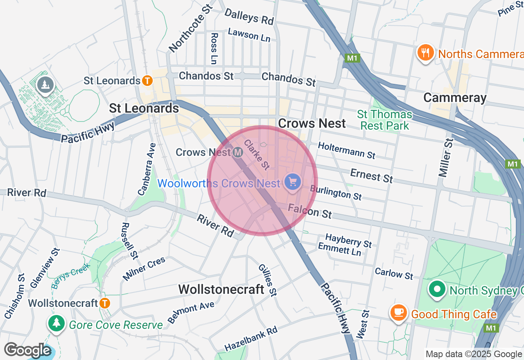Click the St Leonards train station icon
pos(147,81)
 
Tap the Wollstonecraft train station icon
pos(105,303)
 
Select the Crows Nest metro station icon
pos(237,153)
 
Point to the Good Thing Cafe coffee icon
pos(398,313)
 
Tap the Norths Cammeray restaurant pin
pos(426,53)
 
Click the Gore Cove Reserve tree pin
pos(56,323)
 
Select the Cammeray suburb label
pos(455,98)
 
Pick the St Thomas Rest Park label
pos(384,120)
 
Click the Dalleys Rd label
pos(249,16)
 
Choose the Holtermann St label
pos(346,150)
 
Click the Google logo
pos(27,350)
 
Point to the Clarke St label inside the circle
pos(257,154)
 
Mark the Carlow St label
pos(394,273)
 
